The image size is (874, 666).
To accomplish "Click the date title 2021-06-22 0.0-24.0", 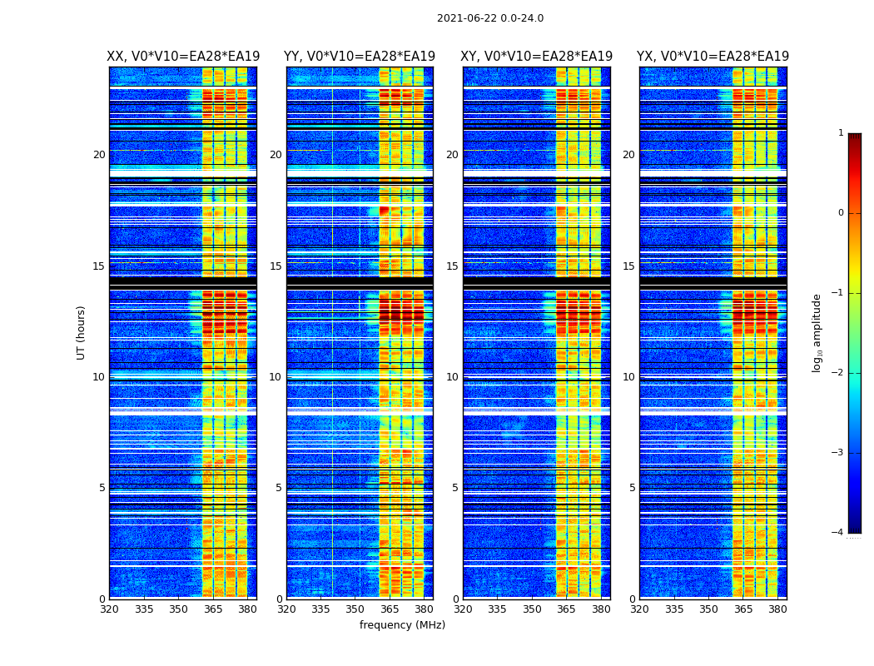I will [489, 18].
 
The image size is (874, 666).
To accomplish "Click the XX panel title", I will [183, 57].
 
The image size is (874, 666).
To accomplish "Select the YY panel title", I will [360, 57].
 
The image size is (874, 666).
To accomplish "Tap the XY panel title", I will [537, 57].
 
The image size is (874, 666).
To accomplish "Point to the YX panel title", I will [713, 57].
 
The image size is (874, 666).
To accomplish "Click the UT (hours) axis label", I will [82, 332].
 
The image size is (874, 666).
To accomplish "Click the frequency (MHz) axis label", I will [402, 625].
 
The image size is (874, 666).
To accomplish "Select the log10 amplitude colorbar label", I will [817, 332].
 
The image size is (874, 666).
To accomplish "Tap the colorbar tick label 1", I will [841, 133].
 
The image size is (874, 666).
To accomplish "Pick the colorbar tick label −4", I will [838, 533].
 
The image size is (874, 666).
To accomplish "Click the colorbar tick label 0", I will [841, 213].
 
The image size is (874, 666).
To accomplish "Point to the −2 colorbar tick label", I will [838, 373].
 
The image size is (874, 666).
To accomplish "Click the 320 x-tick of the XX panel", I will [109, 609].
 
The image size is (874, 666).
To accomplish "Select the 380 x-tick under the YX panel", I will [777, 609].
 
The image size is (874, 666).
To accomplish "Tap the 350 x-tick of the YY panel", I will [355, 609].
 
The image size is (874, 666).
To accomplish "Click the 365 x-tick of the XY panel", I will [566, 609].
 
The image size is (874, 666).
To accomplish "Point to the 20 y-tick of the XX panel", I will [99, 155].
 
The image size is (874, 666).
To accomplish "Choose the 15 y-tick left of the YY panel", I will [276, 266].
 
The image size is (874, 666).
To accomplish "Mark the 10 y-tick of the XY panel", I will [452, 377].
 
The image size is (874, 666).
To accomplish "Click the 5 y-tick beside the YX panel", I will [632, 488].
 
